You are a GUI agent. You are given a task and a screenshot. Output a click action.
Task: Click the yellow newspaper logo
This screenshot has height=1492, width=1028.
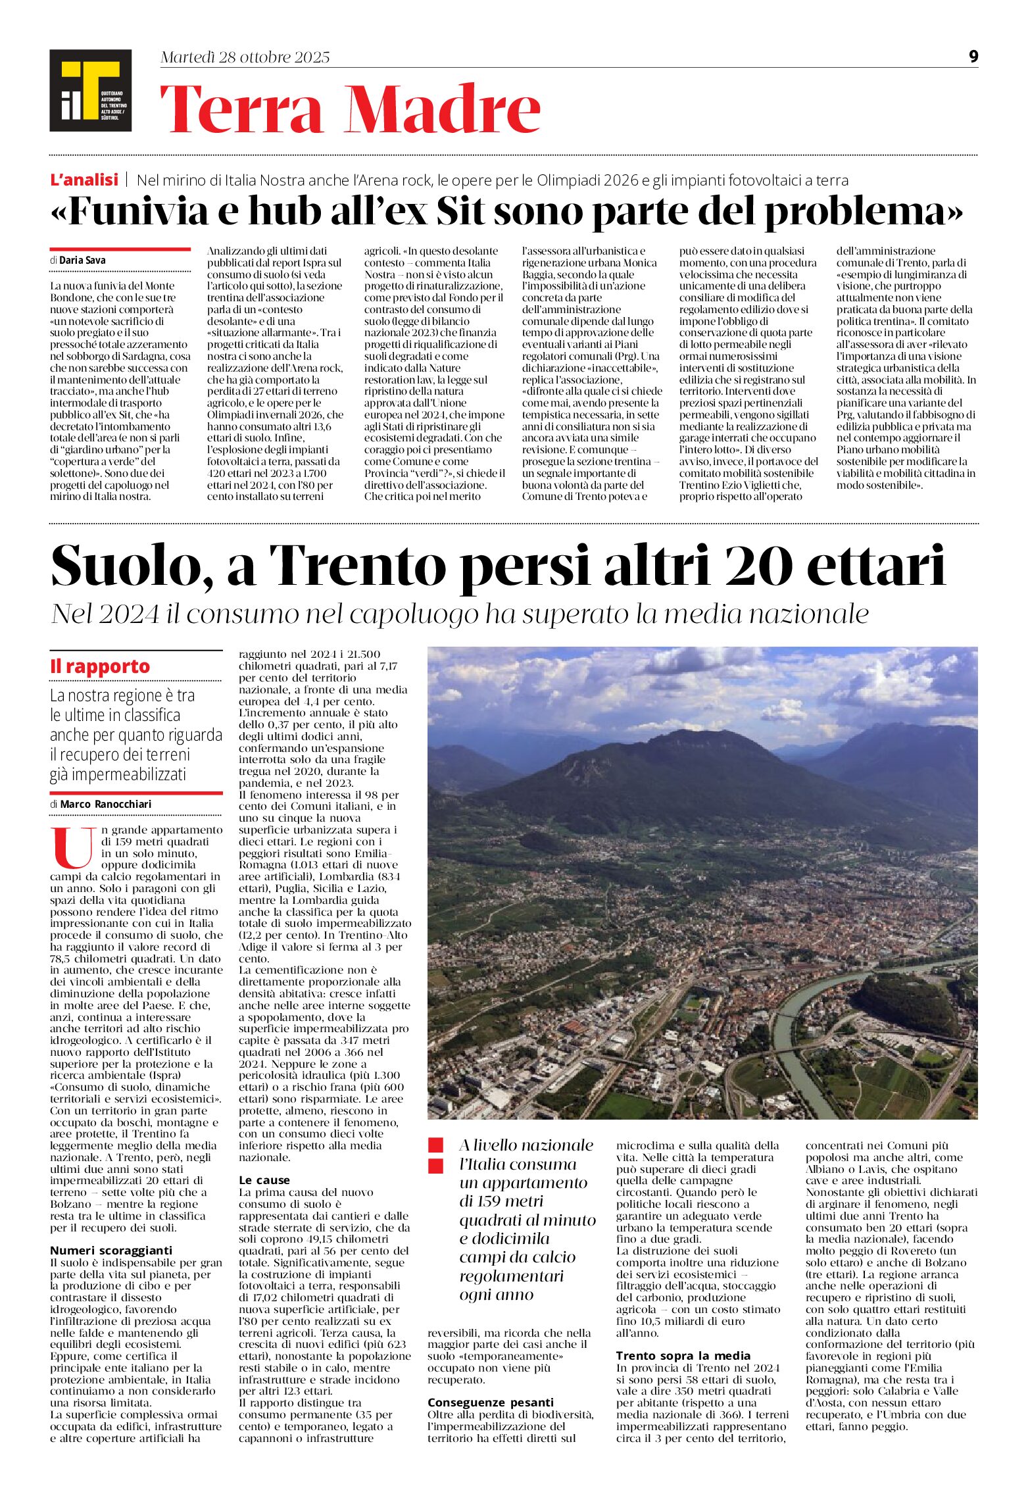[x=90, y=90]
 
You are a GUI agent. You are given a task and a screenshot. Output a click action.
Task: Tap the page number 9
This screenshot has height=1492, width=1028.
[x=973, y=57]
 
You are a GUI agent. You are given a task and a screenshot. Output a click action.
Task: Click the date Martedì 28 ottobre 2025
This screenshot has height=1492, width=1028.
[x=245, y=57]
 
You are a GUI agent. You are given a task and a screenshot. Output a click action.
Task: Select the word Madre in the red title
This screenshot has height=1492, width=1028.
[x=444, y=110]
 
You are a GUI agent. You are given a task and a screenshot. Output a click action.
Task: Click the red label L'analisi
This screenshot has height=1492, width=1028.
[x=84, y=180]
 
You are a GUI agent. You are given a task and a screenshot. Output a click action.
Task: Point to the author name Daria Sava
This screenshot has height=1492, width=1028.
[x=82, y=260]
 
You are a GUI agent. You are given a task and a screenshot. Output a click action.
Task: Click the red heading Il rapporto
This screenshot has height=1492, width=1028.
[x=100, y=666]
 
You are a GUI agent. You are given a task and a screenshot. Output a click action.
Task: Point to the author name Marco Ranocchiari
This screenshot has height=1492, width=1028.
[x=105, y=804]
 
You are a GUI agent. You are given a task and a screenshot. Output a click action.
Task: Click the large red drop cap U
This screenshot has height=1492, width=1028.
[x=73, y=848]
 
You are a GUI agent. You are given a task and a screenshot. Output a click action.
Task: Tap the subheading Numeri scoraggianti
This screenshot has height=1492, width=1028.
[x=111, y=1251]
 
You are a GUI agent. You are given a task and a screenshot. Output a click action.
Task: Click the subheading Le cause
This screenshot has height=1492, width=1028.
[x=264, y=1180]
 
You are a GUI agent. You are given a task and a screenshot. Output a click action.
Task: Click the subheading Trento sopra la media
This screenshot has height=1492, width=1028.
[x=683, y=1356]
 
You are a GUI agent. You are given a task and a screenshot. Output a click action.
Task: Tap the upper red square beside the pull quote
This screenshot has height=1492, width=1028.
[x=435, y=1145]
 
